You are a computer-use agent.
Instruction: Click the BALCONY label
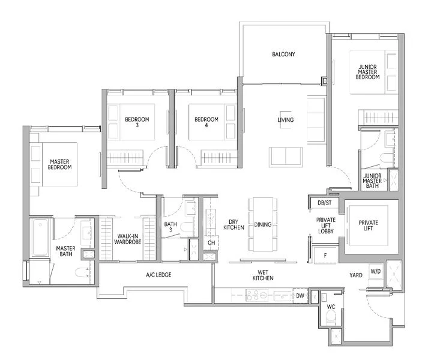tap(283, 55)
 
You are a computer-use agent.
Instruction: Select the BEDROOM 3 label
tap(137, 122)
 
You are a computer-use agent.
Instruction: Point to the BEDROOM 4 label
tap(206, 122)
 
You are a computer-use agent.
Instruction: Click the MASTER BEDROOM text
tap(61, 163)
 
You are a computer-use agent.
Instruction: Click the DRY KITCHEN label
tap(232, 225)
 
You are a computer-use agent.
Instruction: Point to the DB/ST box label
tap(324, 203)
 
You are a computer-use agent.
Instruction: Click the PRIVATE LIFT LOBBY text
tap(326, 225)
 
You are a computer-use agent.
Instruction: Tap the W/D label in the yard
tap(376, 272)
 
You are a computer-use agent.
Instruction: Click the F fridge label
tap(324, 254)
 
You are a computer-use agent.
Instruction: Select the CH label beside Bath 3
tap(211, 243)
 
